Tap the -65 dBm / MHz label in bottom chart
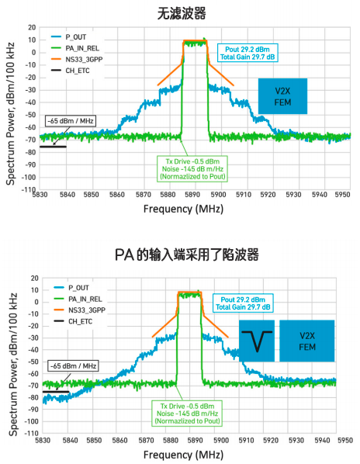coord(70,365)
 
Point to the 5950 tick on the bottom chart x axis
coord(337,440)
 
